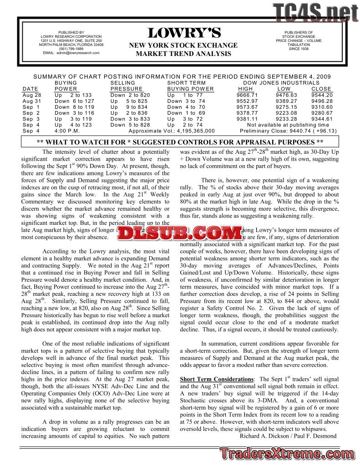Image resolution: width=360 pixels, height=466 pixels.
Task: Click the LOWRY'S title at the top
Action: tap(184, 33)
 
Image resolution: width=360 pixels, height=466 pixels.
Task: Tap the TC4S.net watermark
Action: tap(315, 12)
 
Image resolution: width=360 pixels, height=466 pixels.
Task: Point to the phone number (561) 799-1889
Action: tap(71, 49)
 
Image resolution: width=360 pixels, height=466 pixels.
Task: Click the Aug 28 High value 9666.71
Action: tap(247, 95)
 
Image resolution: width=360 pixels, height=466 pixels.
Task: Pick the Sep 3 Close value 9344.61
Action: tap(322, 119)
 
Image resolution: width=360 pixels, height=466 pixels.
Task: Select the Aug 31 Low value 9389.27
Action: tap(286, 101)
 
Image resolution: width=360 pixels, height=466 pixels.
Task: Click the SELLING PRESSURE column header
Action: tap(127, 86)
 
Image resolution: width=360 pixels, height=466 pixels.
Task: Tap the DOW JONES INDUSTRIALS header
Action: tap(281, 83)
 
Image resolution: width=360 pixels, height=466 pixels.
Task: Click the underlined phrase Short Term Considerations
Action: tap(217, 379)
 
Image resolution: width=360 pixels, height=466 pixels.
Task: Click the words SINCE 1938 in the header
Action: tap(299, 49)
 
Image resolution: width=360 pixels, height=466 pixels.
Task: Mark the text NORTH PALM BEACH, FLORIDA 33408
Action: tap(71, 45)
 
